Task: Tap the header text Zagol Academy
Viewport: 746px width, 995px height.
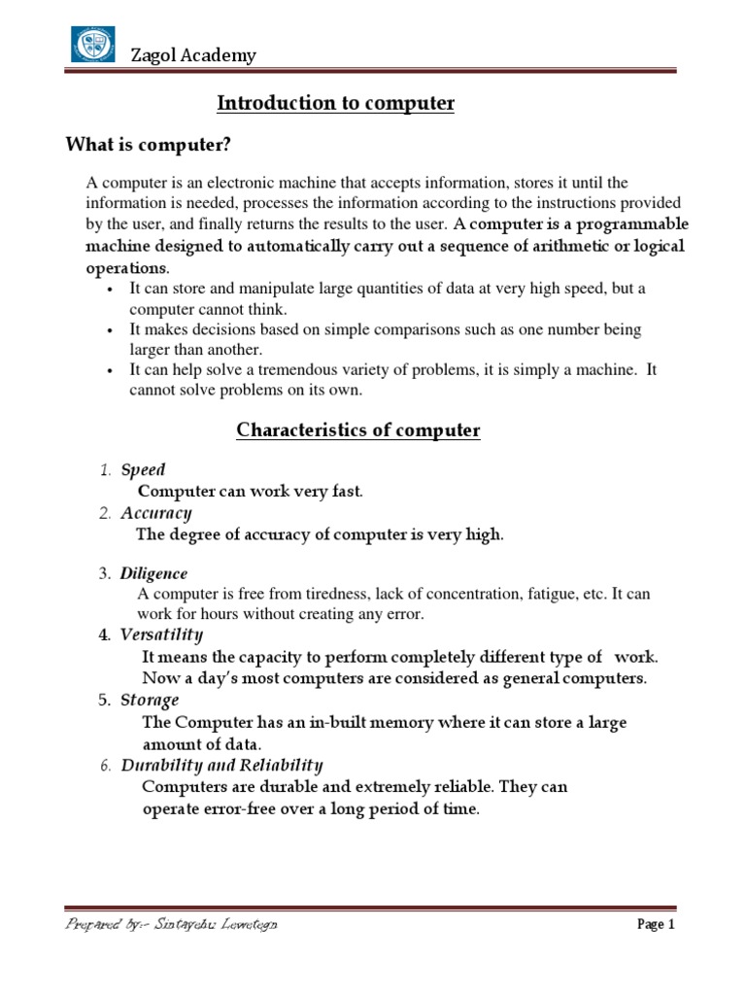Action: click(x=193, y=55)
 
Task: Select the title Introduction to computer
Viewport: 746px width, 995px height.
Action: click(x=335, y=103)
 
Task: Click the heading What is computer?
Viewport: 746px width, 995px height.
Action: click(x=149, y=146)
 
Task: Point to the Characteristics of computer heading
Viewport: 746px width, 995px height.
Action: click(x=358, y=429)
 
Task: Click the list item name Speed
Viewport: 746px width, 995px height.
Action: click(x=143, y=470)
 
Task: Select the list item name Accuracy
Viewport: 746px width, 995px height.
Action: click(x=155, y=513)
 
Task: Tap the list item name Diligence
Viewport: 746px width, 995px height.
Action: click(x=153, y=574)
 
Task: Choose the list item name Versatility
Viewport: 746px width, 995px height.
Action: click(x=161, y=635)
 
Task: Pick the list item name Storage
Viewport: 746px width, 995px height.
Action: click(x=150, y=701)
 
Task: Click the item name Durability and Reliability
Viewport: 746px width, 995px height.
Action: click(x=221, y=766)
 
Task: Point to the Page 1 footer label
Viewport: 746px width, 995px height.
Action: click(x=655, y=925)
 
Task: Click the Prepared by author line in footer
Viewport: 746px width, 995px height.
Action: click(x=171, y=925)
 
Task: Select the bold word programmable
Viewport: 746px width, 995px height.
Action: click(x=628, y=225)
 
